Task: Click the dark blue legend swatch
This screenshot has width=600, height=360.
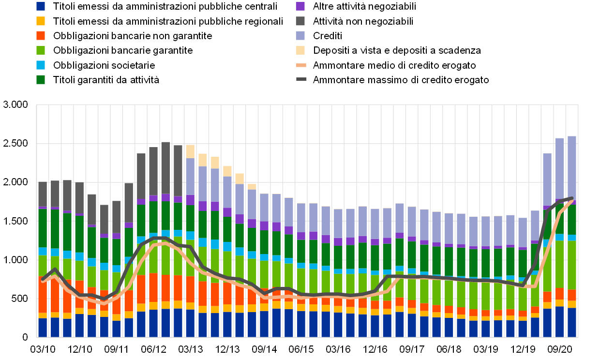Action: point(41,6)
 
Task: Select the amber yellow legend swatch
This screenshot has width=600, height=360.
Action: point(41,21)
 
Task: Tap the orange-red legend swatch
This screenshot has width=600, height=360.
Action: point(41,35)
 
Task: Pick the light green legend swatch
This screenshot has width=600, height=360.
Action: point(41,50)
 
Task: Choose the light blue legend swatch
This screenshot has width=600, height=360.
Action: point(41,65)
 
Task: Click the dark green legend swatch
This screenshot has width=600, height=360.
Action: point(41,79)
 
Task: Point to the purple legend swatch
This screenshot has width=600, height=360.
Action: point(300,6)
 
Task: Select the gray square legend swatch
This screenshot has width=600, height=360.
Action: point(300,21)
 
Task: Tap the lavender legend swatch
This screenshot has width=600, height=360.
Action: point(300,35)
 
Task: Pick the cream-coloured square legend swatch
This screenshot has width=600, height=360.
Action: point(300,50)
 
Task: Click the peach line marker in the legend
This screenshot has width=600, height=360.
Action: point(301,65)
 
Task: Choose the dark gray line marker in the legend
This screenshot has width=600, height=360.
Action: point(301,79)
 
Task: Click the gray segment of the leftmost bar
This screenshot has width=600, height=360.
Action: point(43,194)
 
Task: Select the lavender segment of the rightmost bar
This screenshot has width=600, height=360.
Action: point(572,167)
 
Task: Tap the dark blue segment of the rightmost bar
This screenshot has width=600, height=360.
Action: point(572,322)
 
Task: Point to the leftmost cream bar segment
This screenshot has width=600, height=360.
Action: point(190,151)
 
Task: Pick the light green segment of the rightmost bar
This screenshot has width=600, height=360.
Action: point(572,265)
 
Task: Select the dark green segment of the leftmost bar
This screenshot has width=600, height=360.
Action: point(43,228)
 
